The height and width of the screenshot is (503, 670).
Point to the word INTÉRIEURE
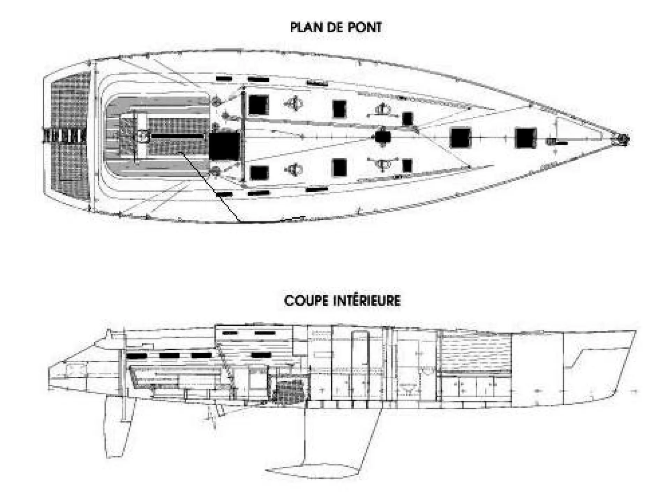pyautogui.click(x=366, y=300)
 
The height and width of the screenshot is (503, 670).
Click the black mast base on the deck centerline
pyautogui.click(x=383, y=137)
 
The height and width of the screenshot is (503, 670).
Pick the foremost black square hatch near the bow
pyautogui.click(x=526, y=138)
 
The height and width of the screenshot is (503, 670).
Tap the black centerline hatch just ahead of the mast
pyautogui.click(x=461, y=138)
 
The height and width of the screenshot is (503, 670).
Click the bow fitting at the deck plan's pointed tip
pyautogui.click(x=621, y=139)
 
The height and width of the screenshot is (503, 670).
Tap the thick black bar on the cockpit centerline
pyautogui.click(x=177, y=136)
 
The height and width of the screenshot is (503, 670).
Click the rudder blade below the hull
pyautogui.click(x=120, y=428)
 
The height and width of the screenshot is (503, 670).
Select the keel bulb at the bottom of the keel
pyautogui.click(x=312, y=470)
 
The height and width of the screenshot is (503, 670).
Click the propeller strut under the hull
pyautogui.click(x=212, y=416)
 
